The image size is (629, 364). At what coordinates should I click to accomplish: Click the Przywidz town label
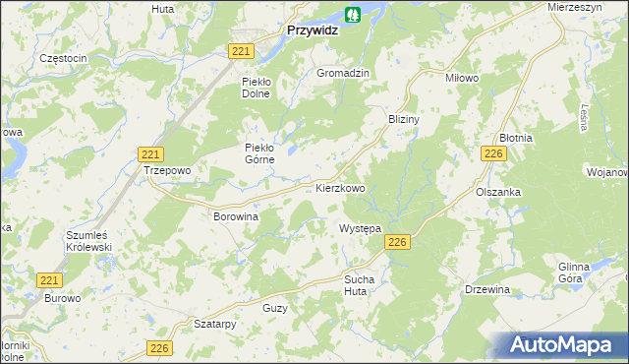tap(312, 30)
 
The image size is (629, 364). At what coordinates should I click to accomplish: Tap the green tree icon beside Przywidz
tap(353, 15)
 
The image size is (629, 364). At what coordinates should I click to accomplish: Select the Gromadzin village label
tap(342, 74)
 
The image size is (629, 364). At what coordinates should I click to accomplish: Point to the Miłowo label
tap(433, 78)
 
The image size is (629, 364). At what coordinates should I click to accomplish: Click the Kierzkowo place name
tap(340, 187)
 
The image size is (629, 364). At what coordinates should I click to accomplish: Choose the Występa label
tap(360, 228)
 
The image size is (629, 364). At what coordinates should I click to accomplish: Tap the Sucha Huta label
tap(360, 284)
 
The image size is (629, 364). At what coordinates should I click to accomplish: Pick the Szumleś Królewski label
tap(89, 242)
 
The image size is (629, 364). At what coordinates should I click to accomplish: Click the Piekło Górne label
tap(262, 154)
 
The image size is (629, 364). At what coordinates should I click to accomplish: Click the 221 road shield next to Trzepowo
tap(150, 154)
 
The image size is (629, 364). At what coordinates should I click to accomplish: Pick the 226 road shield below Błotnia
tap(493, 154)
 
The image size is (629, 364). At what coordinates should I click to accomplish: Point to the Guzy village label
tap(275, 309)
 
